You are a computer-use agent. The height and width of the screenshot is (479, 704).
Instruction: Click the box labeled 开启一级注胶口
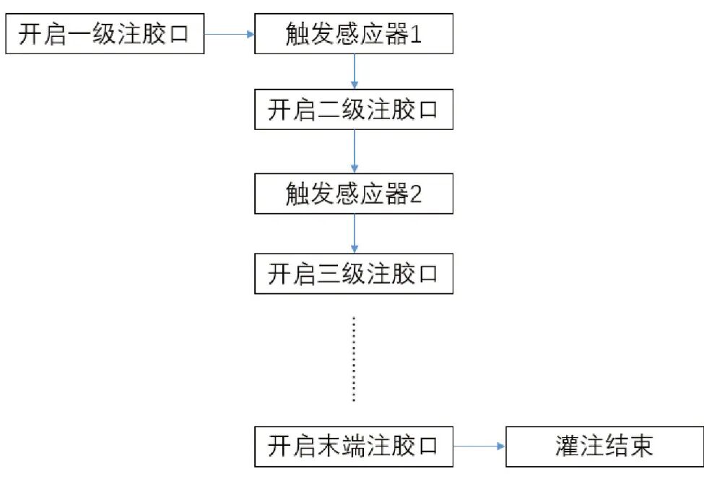[x=105, y=34]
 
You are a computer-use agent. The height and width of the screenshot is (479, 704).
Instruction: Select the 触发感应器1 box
[x=353, y=34]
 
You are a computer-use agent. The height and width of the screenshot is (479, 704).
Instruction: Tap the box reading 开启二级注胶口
[x=353, y=110]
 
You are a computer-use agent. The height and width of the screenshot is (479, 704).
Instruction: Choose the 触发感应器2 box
[x=353, y=194]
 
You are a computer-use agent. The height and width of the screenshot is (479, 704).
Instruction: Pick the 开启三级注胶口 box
[x=353, y=274]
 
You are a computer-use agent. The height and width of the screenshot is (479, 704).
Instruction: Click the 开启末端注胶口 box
[x=353, y=446]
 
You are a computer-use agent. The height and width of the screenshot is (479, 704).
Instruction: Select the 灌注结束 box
[x=604, y=446]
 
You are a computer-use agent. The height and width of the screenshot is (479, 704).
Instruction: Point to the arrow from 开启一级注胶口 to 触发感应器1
[x=230, y=33]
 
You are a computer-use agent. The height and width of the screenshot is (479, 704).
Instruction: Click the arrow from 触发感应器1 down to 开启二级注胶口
[x=354, y=72]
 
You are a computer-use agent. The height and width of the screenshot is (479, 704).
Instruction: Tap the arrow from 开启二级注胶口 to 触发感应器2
[x=354, y=152]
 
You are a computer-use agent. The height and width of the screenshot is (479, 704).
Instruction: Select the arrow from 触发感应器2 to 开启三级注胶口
[x=354, y=233]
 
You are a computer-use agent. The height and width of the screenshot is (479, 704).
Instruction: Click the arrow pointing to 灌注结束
[x=479, y=446]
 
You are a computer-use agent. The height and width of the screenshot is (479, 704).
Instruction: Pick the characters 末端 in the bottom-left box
[x=341, y=446]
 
